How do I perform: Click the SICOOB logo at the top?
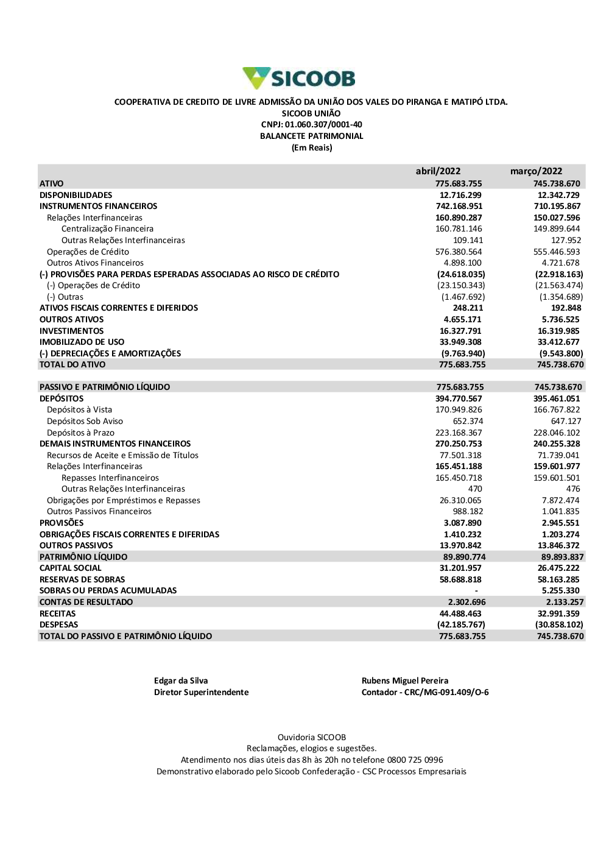[299, 78]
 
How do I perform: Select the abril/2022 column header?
[438, 171]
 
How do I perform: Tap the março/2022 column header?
[536, 171]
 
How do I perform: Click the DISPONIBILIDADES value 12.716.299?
[460, 195]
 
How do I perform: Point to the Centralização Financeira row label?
[107, 229]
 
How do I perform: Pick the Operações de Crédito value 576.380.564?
[459, 252]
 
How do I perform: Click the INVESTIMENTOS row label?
[71, 331]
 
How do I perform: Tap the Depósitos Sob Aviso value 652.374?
[468, 421]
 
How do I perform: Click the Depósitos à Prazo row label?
[80, 433]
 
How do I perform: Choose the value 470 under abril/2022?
[475, 489]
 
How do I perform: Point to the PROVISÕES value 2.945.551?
[561, 523]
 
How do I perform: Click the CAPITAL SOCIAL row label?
[70, 568]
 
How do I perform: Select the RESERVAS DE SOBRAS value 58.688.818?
[460, 579]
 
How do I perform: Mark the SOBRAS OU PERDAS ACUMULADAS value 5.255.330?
[561, 590]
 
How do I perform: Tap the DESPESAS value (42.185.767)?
[461, 624]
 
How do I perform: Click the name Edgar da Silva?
[181, 680]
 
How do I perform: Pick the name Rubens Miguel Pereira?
[405, 680]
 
